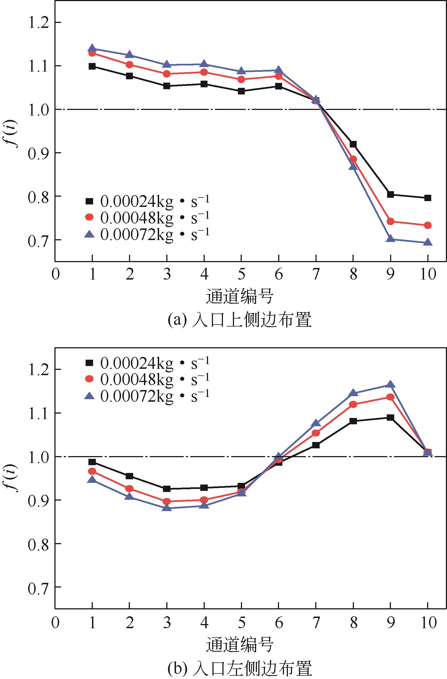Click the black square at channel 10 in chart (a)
427,198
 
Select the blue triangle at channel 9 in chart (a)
390,239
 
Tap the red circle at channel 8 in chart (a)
353,159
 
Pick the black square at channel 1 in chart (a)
92,67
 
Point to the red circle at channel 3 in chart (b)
167,502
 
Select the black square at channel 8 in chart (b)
353,421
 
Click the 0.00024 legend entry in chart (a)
147,201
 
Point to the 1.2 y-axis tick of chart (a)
37,22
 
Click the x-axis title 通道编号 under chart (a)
240,297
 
